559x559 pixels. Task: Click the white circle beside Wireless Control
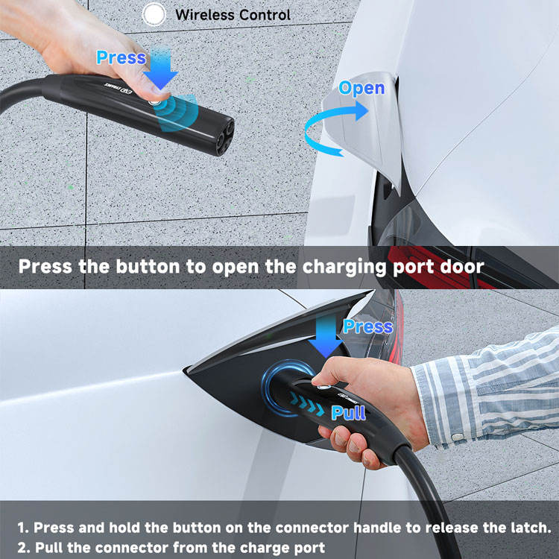(154, 15)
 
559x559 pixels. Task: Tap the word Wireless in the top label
(205, 15)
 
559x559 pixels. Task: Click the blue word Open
(361, 89)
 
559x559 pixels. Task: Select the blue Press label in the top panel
(121, 57)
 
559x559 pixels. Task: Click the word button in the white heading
(148, 266)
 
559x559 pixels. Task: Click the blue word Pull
(348, 413)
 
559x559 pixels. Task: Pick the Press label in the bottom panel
(368, 326)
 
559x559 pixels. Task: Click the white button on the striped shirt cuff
(458, 437)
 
